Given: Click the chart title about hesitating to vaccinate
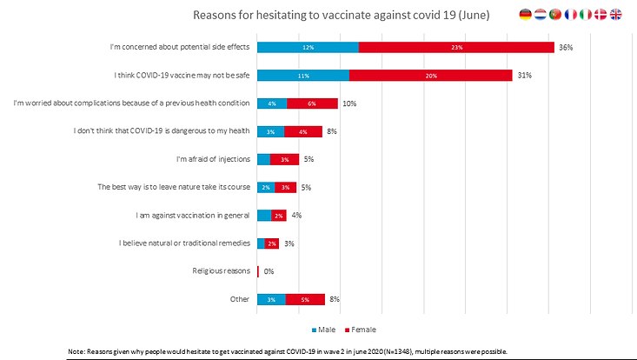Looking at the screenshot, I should coord(341,15).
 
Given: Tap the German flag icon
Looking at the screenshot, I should coord(525,14).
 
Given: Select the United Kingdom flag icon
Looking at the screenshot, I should coord(616,14).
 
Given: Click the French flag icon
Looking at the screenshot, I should coord(570,14).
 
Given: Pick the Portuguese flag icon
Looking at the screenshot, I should coord(554,14).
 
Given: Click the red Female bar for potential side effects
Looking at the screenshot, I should coord(456,47).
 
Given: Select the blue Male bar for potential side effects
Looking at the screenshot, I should coord(308,47).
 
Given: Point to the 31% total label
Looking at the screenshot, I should coord(524,76).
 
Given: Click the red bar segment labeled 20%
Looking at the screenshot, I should coord(430,76).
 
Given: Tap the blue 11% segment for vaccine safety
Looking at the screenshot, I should coord(303,76).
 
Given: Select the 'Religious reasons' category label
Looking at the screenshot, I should coord(221,271).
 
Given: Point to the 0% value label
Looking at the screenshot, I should coord(269,271).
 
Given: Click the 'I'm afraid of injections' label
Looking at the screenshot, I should coord(213,159).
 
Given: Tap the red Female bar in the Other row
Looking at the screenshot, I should coord(305,299).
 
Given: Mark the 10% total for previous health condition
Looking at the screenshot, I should coord(349,103).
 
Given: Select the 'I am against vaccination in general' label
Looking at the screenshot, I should coord(194,215).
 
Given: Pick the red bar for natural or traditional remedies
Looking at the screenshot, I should coord(272,243).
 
